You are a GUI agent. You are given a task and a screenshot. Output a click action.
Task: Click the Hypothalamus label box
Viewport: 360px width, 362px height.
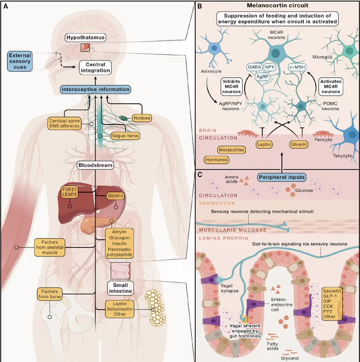pyautogui.click(x=85, y=37)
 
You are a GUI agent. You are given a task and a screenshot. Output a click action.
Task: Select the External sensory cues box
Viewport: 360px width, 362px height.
pyautogui.click(x=20, y=61)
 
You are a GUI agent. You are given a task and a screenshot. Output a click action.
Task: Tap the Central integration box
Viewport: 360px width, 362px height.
pyautogui.click(x=95, y=68)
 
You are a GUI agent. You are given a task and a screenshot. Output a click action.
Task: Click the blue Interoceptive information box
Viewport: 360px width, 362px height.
pyautogui.click(x=96, y=89)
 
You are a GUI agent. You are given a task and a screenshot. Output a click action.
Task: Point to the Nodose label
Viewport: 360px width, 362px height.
pyautogui.click(x=142, y=118)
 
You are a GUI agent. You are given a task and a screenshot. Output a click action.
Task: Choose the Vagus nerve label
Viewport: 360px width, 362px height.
pyautogui.click(x=125, y=136)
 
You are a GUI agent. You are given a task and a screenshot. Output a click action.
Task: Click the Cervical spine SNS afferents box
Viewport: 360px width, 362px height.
pyautogui.click(x=64, y=124)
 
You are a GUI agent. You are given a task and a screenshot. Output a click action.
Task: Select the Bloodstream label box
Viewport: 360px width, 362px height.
pyautogui.click(x=95, y=165)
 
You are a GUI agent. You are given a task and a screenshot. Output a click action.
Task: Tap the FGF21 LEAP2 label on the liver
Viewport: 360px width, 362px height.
pyautogui.click(x=70, y=192)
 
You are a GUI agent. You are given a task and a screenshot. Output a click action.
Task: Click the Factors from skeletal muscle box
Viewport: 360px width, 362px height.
pyautogui.click(x=49, y=247)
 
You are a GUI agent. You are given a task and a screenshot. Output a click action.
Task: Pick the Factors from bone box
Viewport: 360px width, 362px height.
pyautogui.click(x=49, y=294)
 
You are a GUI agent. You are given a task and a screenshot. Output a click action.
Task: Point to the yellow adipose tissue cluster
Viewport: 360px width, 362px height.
pyautogui.click(x=155, y=307)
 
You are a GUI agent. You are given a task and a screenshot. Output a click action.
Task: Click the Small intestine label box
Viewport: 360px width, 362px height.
pyautogui.click(x=120, y=288)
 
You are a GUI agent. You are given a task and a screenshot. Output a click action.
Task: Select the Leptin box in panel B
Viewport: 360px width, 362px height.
pyautogui.click(x=264, y=144)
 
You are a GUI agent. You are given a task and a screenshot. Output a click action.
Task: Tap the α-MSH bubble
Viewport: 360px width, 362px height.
pyautogui.click(x=297, y=67)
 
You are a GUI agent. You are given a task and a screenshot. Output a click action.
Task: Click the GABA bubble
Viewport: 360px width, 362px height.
pyautogui.click(x=254, y=67)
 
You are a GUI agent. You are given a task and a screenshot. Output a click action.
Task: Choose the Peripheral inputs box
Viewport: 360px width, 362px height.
pyautogui.click(x=282, y=177)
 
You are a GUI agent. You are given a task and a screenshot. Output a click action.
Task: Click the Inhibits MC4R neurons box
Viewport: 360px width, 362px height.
pyautogui.click(x=231, y=86)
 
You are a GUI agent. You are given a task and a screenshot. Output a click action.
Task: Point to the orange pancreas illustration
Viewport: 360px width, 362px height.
pyautogui.click(x=97, y=224)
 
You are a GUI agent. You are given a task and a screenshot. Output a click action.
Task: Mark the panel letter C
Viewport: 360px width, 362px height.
pyautogui.click(x=200, y=175)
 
